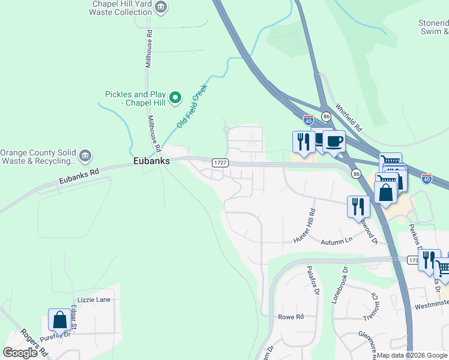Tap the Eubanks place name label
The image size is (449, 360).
click(x=151, y=161)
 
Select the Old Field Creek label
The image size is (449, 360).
click(x=191, y=106)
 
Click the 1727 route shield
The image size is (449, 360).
click(x=220, y=163)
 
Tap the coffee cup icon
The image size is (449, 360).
click(x=334, y=142)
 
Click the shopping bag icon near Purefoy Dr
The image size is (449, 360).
click(x=60, y=320)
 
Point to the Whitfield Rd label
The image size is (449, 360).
click(x=349, y=118)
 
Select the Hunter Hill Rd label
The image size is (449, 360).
click(x=304, y=226)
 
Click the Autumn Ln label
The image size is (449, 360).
click(x=337, y=240)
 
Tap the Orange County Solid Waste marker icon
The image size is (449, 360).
click(x=85, y=156)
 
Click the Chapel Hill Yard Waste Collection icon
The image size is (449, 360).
click(x=160, y=7)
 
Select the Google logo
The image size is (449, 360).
click(x=20, y=353)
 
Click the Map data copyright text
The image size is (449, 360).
click(x=412, y=355)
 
